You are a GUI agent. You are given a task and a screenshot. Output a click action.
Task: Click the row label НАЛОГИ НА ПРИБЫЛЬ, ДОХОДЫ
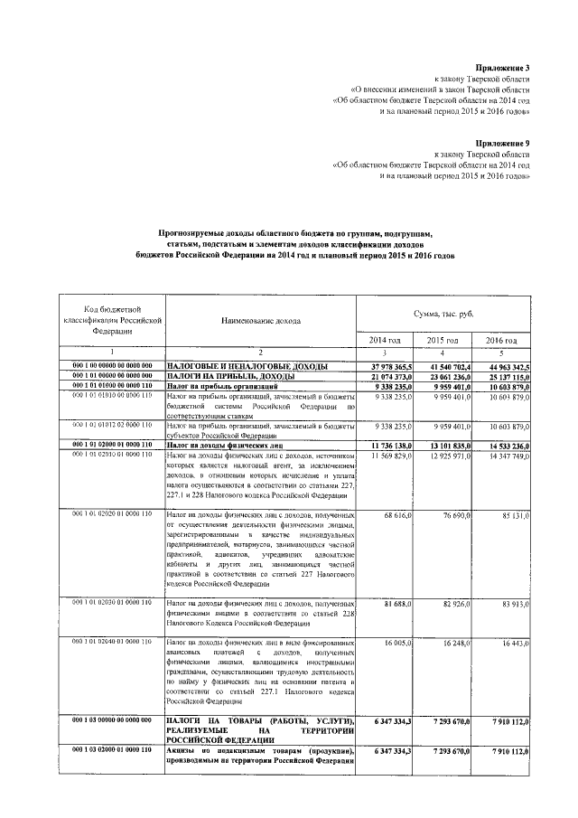[226, 375]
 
